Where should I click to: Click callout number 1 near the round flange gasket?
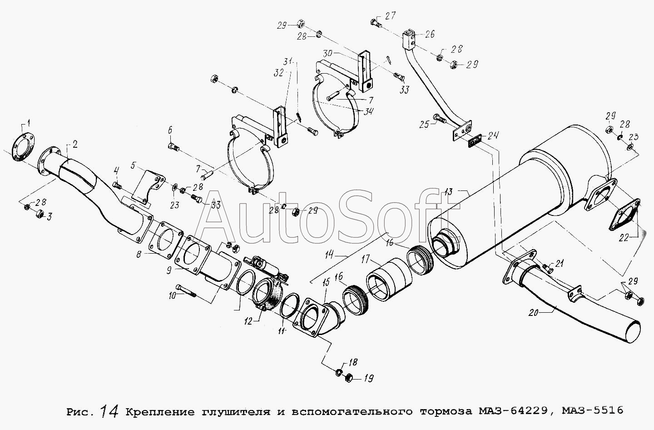click(28, 124)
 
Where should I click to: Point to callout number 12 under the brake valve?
click(248, 321)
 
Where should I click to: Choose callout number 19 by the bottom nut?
click(368, 379)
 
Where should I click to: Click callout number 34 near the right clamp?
click(368, 111)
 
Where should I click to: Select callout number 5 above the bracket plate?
click(133, 165)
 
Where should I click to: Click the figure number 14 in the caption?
click(109, 411)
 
